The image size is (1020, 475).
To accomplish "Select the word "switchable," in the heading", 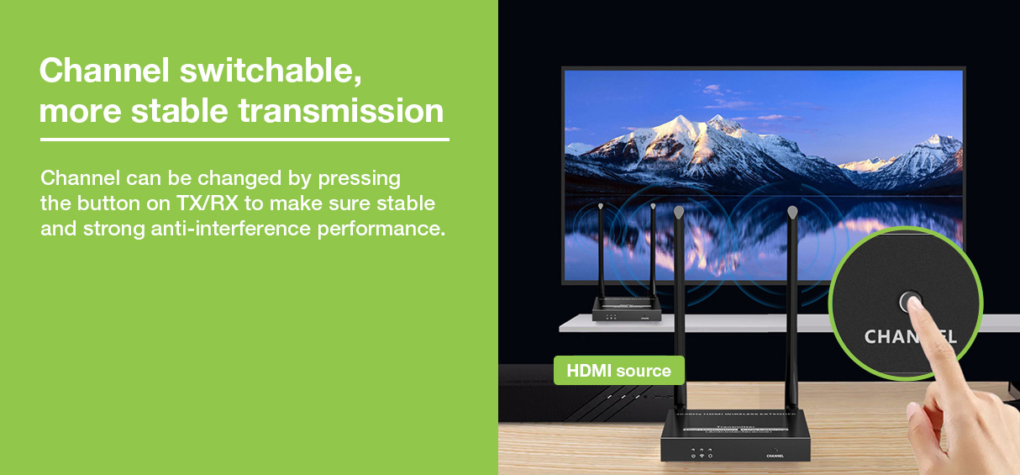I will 271,71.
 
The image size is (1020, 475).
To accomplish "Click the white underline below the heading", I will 244,140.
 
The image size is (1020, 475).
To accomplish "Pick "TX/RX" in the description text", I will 207,203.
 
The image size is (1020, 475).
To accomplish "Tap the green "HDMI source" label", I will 618,371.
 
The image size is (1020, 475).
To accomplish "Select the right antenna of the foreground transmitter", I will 792,311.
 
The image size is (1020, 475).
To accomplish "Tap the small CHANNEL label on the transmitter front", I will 775,457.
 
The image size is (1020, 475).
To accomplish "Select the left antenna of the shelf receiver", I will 601,252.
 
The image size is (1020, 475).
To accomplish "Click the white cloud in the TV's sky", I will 714,89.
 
